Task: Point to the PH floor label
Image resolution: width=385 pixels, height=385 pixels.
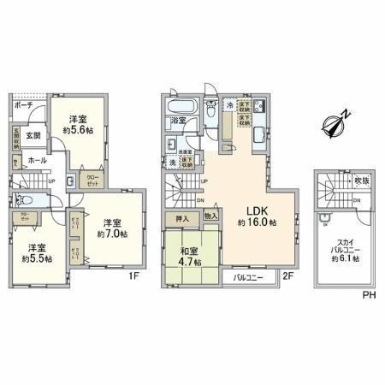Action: coord(368,294)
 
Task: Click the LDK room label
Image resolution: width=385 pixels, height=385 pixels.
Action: coord(260,209)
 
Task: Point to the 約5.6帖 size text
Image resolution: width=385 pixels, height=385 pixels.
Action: coord(77,133)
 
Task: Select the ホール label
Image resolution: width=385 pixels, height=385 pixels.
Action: coord(37,160)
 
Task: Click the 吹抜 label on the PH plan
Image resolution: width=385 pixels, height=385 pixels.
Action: coord(361,181)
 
